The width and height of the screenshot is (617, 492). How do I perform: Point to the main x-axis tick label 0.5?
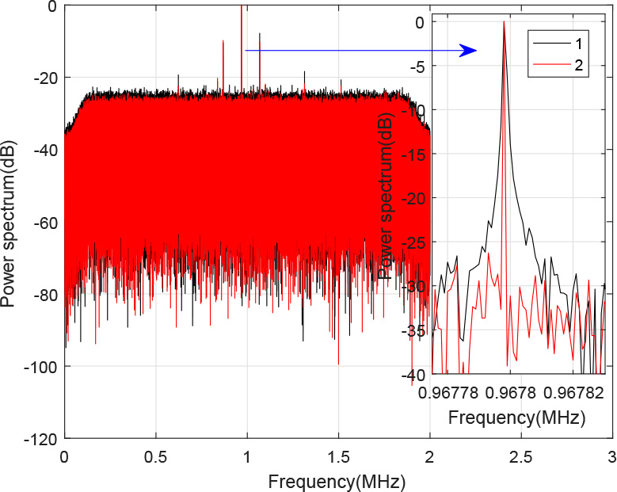pyautogui.click(x=156, y=457)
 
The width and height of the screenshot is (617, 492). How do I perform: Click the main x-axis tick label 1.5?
pyautogui.click(x=338, y=457)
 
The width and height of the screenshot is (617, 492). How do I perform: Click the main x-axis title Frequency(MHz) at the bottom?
pyautogui.click(x=337, y=480)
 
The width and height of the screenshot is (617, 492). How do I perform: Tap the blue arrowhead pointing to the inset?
pyautogui.click(x=469, y=51)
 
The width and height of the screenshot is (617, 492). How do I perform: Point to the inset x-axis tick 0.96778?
pyautogui.click(x=444, y=391)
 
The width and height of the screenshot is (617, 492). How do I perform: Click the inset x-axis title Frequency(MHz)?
pyautogui.click(x=516, y=417)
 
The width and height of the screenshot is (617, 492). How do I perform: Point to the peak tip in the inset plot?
pyautogui.click(x=504, y=22)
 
